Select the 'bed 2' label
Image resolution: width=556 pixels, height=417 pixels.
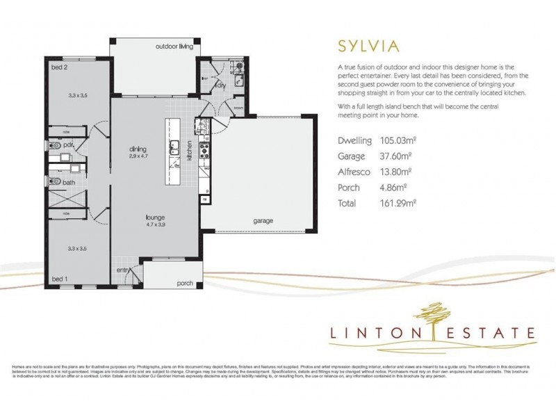pos(59,67)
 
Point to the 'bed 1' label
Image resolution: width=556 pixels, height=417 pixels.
pos(59,278)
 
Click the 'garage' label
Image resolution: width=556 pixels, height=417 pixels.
pos(262,221)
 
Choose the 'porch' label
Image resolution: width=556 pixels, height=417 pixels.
pos(185,283)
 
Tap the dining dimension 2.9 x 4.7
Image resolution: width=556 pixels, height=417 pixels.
pos(140,156)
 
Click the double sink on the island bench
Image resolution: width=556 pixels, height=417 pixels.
pos(174,147)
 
